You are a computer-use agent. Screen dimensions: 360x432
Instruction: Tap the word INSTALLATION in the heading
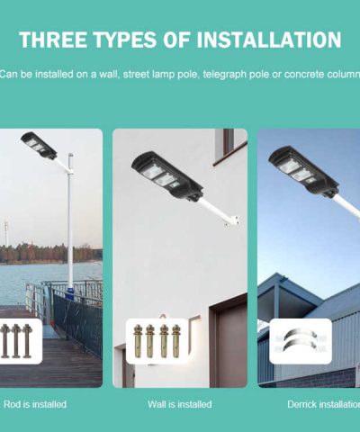[x=269, y=40]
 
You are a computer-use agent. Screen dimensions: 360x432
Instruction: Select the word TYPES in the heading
[x=124, y=40]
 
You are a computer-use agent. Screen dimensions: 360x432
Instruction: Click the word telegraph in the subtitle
[x=225, y=74]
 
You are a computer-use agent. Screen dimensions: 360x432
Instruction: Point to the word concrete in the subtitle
[x=304, y=74]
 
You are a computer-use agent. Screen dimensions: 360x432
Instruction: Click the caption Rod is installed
[x=35, y=404]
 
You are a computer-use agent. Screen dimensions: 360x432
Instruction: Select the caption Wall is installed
[x=180, y=404]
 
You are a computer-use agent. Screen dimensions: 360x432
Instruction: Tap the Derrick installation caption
[x=324, y=404]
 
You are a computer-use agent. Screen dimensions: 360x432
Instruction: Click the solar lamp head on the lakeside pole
[x=39, y=145]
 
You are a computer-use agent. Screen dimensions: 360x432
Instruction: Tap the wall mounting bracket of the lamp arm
[x=231, y=220]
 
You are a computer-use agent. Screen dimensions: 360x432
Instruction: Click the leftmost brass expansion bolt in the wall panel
[x=138, y=341]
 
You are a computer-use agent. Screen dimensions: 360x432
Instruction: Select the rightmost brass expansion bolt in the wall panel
[x=176, y=341]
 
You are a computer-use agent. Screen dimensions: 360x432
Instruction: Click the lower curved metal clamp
[x=301, y=345]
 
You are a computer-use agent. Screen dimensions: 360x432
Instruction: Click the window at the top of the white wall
[x=229, y=141]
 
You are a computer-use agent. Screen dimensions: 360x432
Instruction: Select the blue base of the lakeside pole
[x=70, y=291]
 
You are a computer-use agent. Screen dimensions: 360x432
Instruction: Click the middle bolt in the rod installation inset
[x=16, y=341]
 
